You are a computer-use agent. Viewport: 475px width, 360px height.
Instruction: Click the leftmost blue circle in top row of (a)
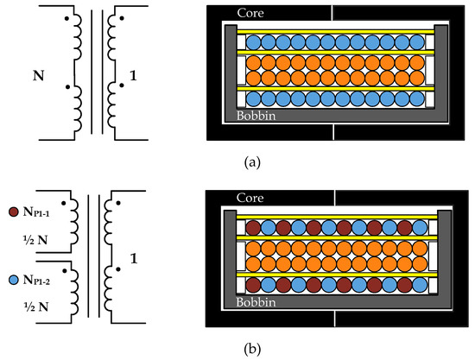pyautogui.click(x=254, y=41)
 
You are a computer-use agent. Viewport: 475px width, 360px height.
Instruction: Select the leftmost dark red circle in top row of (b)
pyautogui.click(x=254, y=229)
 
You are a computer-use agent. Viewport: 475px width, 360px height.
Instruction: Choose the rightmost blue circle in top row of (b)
pyautogui.click(x=419, y=229)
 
